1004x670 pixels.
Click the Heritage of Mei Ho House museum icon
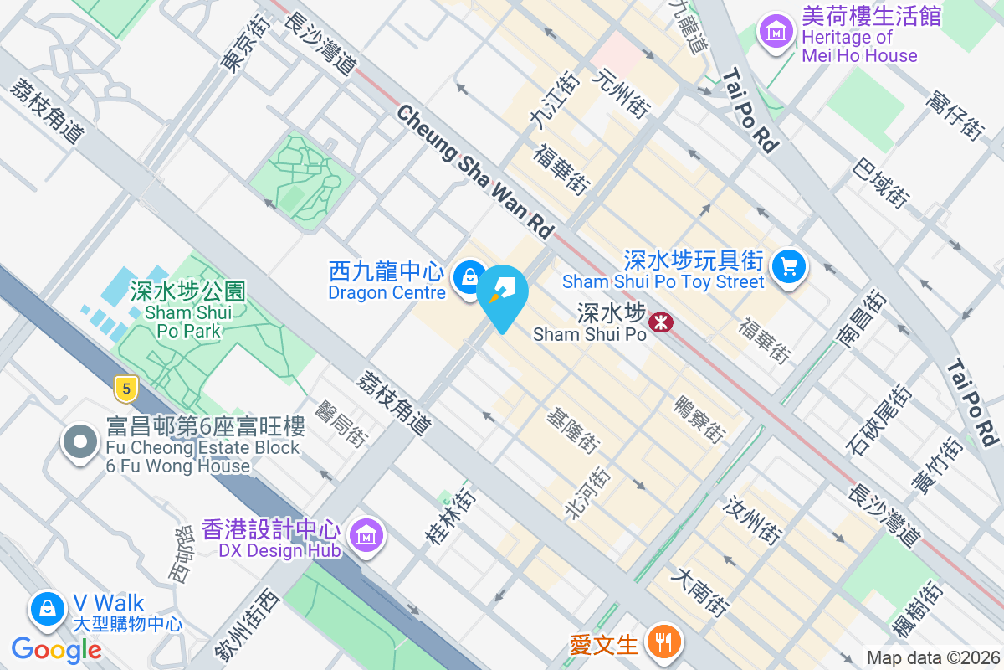tap(776, 33)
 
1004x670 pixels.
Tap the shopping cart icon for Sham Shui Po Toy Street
tap(788, 267)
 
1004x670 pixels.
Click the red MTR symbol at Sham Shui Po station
tap(661, 322)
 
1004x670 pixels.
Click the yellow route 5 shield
tap(125, 388)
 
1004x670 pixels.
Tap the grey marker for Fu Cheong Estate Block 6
tap(81, 443)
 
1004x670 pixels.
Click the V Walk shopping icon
tap(49, 609)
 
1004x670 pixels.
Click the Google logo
tap(57, 649)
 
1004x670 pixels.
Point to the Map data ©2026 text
tap(932, 657)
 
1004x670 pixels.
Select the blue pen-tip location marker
tap(505, 295)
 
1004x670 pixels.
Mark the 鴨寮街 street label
tap(699, 420)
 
